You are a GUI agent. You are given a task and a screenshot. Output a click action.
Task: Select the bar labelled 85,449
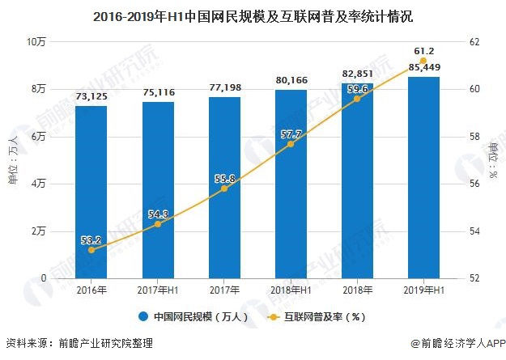tap(423, 177)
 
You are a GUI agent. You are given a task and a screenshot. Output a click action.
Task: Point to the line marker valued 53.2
tap(91, 250)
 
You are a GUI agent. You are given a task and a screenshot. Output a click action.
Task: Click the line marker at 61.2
tap(423, 61)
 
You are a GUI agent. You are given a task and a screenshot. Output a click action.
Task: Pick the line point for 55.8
tap(224, 188)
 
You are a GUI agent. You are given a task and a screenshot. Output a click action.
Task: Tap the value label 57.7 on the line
tap(291, 133)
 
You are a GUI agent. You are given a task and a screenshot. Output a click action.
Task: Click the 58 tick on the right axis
tap(474, 137)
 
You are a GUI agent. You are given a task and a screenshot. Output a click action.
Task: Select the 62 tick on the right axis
tap(474, 41)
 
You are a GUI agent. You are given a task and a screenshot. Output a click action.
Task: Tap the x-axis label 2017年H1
tap(158, 290)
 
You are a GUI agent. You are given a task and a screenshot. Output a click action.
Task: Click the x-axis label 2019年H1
tap(423, 290)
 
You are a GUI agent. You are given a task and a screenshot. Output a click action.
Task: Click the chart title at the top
tap(253, 15)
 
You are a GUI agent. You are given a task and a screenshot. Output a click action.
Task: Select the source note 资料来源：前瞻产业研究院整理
tap(79, 344)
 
